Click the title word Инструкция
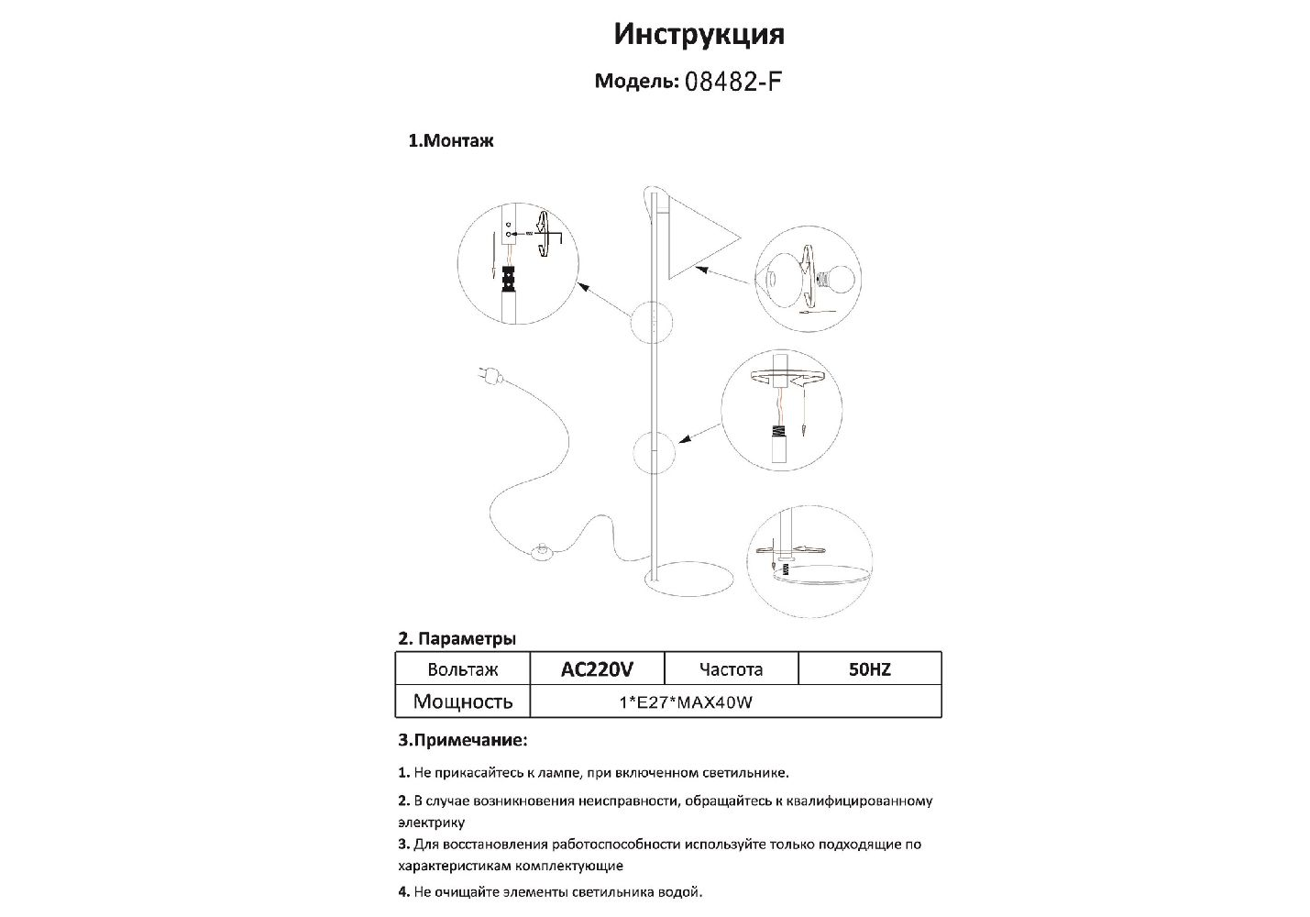[699, 35]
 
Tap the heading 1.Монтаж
[451, 141]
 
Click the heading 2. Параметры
[457, 638]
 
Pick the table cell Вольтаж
[463, 669]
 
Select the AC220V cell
[597, 669]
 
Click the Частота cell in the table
[731, 669]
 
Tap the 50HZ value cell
[870, 669]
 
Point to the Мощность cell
[463, 702]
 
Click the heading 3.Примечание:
[463, 739]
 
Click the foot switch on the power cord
[543, 551]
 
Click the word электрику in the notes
[432, 823]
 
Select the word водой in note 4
[682, 890]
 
